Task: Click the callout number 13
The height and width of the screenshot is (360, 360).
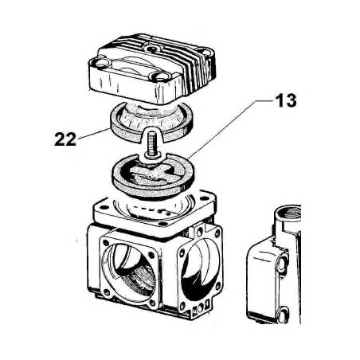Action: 286,101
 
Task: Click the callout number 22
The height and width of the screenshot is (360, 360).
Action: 65,139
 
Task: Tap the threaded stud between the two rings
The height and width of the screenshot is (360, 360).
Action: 151,144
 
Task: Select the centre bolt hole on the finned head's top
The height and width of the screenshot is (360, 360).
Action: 152,49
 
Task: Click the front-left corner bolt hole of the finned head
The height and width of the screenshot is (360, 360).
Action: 100,63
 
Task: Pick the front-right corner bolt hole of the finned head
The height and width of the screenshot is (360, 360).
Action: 161,76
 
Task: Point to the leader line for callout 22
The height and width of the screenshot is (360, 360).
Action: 93,134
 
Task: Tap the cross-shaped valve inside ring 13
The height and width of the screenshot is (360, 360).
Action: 151,172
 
